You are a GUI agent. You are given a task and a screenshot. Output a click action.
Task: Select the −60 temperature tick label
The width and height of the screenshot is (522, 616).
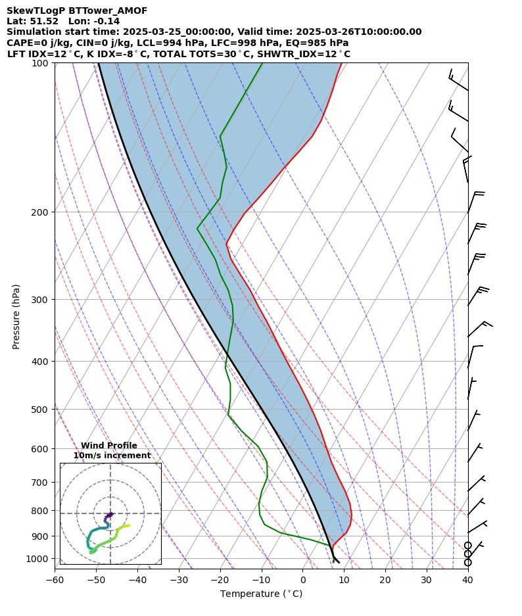pos(55,580)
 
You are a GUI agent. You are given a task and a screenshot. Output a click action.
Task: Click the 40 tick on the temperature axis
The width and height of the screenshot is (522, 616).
pos(467,580)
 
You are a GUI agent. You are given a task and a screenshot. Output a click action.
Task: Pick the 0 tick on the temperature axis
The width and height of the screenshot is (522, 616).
pos(303,580)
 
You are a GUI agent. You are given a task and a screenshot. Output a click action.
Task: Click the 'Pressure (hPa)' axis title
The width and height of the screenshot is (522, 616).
pos(16,316)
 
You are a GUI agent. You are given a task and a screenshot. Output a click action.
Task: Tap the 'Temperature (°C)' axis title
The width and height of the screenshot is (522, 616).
pos(261,594)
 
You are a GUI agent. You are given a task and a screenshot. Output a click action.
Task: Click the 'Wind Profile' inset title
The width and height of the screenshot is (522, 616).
pos(109,446)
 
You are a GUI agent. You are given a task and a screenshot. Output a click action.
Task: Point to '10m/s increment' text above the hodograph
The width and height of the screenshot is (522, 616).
pos(112,456)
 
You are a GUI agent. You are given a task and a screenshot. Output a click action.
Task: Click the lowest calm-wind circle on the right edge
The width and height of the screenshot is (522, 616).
pos(468,563)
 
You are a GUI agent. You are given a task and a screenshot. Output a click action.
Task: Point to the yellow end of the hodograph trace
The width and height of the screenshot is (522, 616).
pos(128,525)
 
